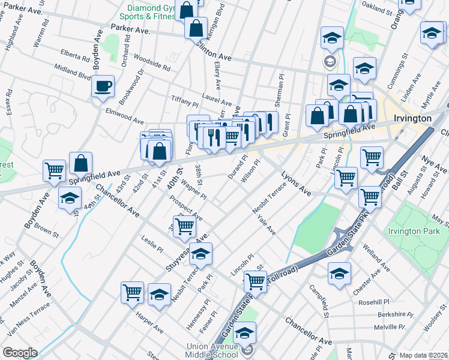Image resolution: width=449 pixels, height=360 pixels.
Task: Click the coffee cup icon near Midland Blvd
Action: (103, 86)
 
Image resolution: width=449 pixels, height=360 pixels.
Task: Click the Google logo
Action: (20, 352)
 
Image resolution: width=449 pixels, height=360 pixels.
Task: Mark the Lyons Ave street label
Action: (296, 184)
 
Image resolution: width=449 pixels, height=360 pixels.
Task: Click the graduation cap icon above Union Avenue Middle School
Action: (244, 333)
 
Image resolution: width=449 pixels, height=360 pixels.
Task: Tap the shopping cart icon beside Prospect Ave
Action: (184, 226)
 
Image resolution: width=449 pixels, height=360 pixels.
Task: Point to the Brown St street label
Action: (46, 228)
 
